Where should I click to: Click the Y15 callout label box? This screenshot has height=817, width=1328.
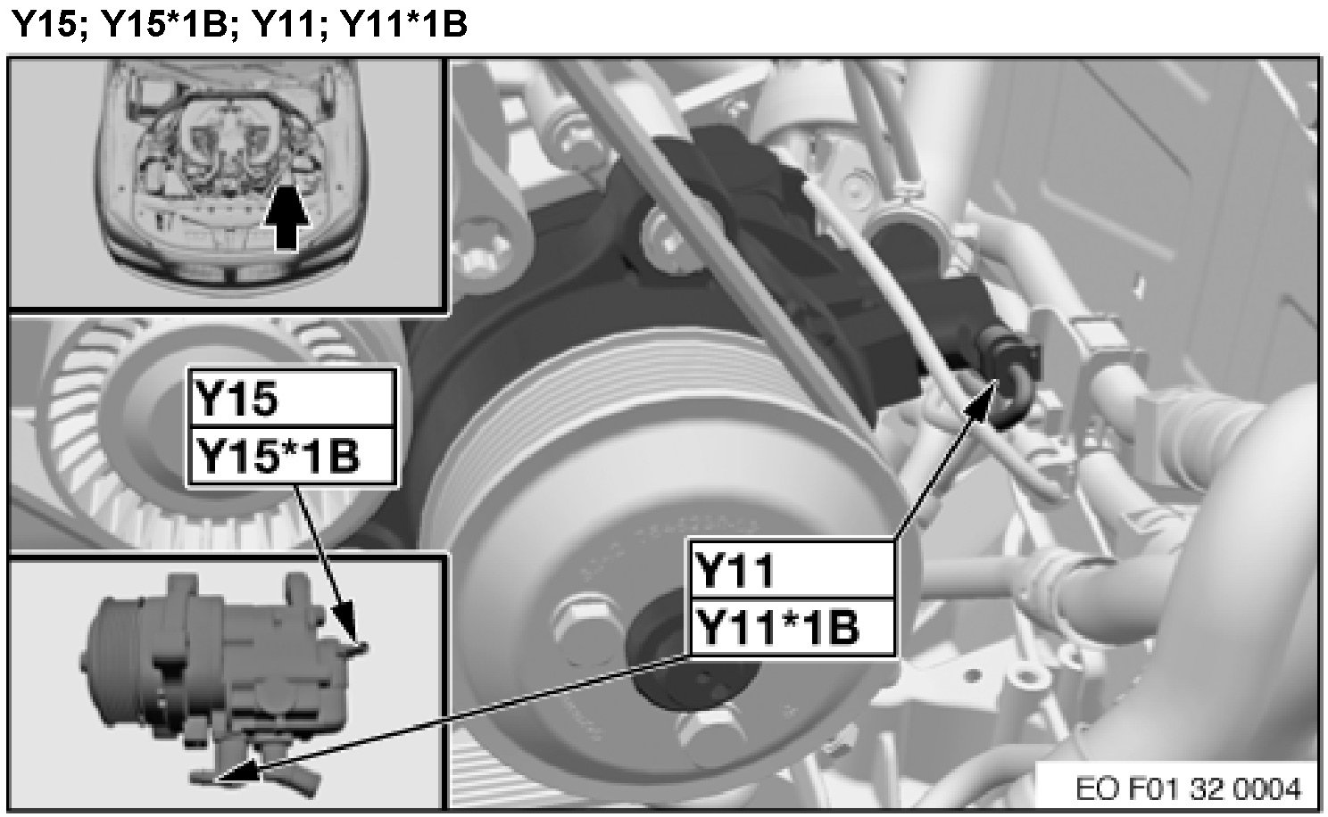point(292,398)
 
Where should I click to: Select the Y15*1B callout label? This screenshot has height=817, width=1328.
point(292,456)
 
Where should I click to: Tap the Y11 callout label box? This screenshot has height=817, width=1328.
point(793,569)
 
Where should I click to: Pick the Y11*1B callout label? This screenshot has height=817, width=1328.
point(793,627)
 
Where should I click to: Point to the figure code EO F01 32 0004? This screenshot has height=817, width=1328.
point(1188,788)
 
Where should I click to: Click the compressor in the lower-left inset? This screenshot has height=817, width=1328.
point(225,681)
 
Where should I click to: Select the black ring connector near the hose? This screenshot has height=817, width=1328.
point(1008,379)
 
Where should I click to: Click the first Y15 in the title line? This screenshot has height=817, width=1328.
point(45,24)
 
